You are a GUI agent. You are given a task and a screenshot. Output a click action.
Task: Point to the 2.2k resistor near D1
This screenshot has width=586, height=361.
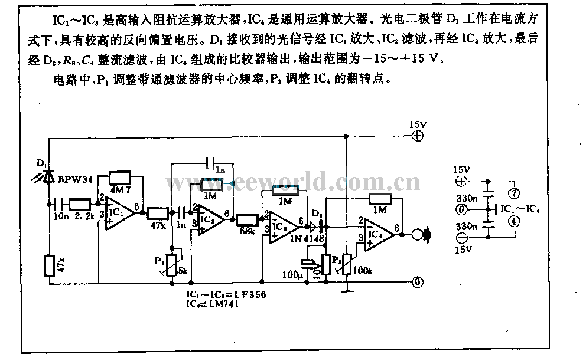tap(79, 204)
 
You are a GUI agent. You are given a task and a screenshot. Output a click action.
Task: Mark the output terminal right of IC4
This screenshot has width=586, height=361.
tap(421, 234)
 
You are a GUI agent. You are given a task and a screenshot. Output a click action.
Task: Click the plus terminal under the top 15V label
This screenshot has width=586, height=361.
tap(418, 136)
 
